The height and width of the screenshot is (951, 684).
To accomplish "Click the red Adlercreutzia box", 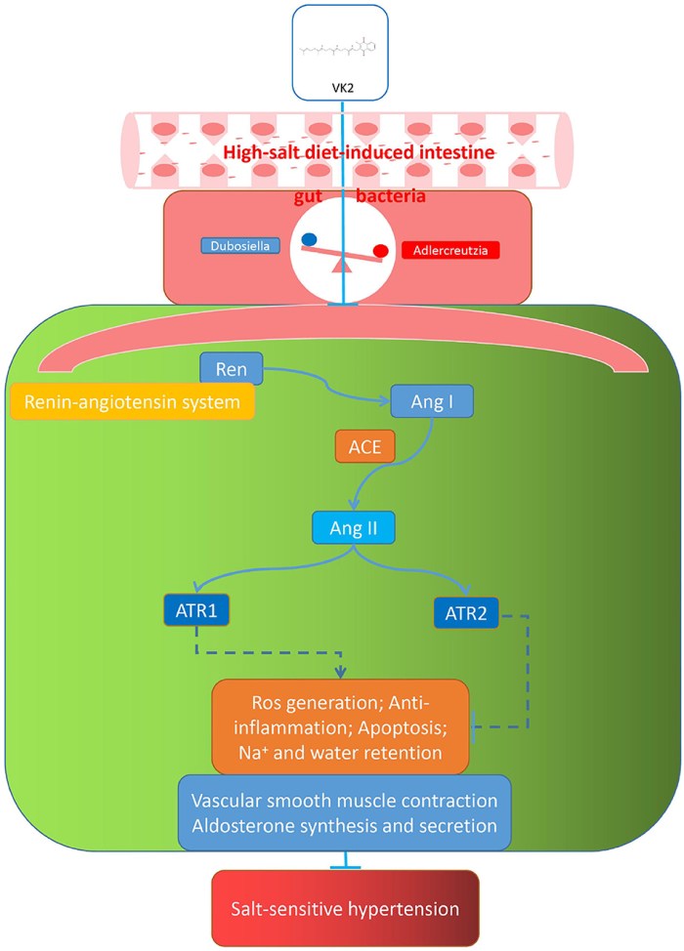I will (450, 251).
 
